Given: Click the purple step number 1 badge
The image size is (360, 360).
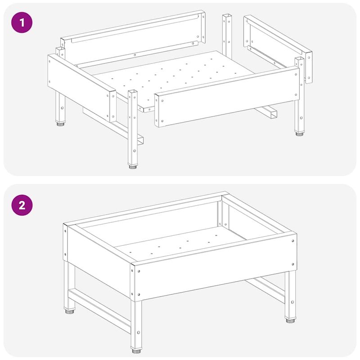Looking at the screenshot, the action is point(22,23).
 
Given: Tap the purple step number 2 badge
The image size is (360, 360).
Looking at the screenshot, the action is point(22,205).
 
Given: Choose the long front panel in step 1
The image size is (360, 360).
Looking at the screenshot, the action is point(227,96).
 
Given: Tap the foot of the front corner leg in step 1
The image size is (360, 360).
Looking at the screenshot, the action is point(133,166).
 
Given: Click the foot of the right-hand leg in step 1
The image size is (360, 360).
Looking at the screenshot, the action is point(299,134).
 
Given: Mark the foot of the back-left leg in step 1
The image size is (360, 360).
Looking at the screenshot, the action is point(60,124).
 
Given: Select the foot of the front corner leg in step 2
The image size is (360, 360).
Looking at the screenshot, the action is point(136,351).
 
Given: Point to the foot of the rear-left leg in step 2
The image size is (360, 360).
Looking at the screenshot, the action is point(70,311).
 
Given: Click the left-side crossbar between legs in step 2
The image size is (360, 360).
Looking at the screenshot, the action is point(100,311).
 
